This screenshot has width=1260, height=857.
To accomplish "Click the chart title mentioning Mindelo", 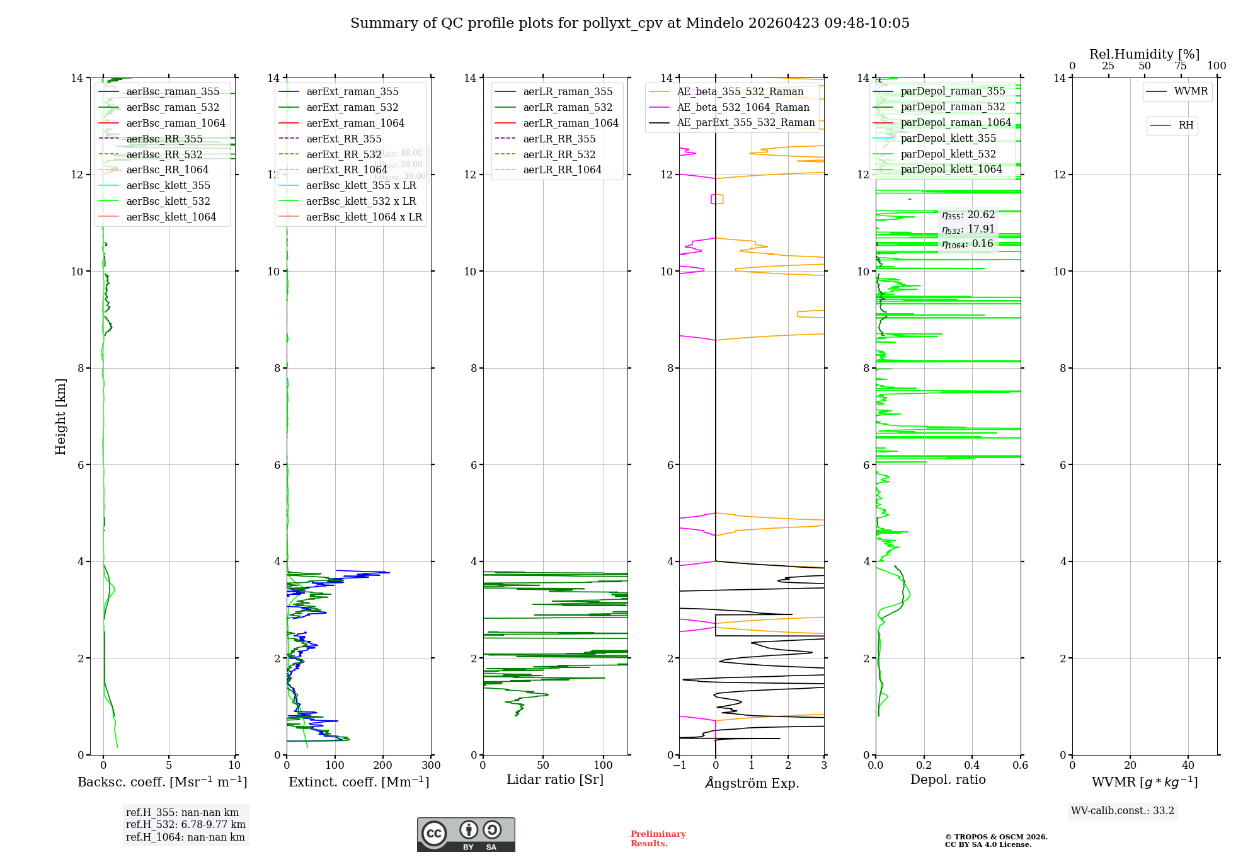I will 629,23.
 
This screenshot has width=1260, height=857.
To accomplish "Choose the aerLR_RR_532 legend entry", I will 559,154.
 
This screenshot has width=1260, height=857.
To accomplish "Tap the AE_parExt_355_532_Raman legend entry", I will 745,122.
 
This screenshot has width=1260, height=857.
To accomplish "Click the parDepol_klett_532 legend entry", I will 948,154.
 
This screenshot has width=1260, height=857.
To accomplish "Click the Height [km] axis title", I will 60,416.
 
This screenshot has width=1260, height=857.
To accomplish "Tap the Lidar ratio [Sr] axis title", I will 554,779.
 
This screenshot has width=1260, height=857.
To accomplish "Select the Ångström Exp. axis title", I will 752,783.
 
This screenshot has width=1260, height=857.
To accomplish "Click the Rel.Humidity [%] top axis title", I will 1144,54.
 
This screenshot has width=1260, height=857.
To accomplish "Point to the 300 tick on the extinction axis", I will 431,766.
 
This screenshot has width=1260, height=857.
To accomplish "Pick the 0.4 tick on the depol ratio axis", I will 972,766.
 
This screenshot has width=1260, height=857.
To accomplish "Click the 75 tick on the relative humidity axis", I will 1181,66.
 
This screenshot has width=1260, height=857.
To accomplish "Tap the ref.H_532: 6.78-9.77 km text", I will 185,824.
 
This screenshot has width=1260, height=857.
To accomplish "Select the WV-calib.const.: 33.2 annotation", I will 1122,810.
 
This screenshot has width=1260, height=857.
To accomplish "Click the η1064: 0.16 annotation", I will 967,244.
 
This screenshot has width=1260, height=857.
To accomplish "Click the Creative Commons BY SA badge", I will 466,834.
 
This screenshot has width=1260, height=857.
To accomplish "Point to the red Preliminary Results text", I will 658,838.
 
